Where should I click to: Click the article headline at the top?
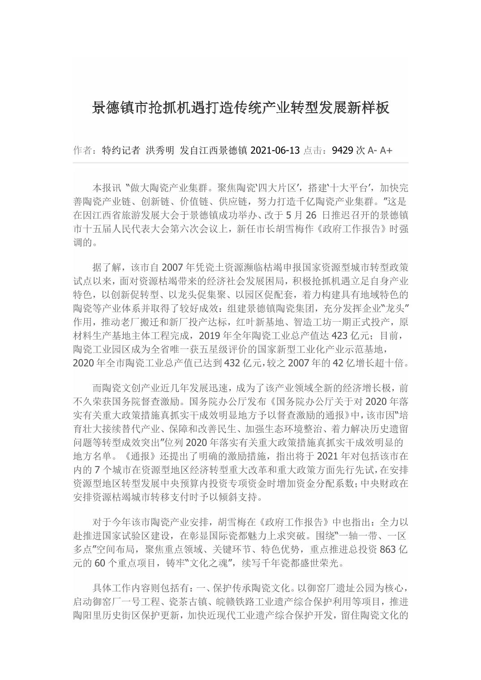(x=240, y=108)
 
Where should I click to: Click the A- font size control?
(x=372, y=150)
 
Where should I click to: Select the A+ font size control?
(x=386, y=150)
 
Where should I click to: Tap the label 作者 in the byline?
(x=82, y=150)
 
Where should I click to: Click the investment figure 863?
(x=387, y=549)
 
